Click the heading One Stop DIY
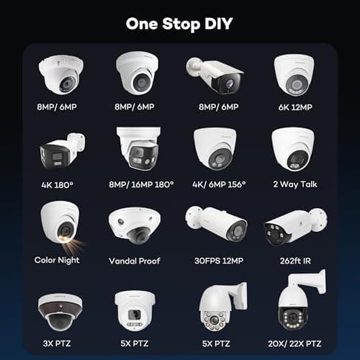click(x=179, y=24)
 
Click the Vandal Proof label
click(x=138, y=260)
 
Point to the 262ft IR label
click(x=293, y=260)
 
